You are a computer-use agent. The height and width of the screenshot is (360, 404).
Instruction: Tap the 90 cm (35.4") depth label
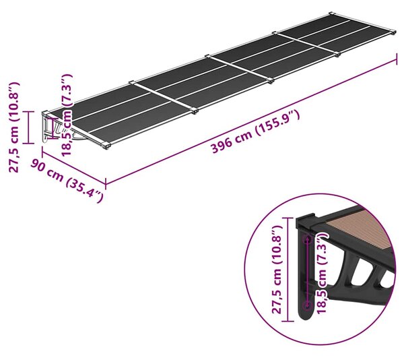[67, 181]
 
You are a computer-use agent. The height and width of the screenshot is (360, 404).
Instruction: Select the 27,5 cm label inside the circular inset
[277, 269]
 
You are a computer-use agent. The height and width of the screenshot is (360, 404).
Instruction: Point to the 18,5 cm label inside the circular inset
[322, 272]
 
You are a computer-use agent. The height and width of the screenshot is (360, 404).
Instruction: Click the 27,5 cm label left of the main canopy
[14, 127]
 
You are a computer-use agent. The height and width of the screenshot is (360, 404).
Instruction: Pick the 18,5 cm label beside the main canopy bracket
[66, 115]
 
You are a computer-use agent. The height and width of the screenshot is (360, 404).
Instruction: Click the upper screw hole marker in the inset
[307, 240]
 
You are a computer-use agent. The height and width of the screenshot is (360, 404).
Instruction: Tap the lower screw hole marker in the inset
[307, 306]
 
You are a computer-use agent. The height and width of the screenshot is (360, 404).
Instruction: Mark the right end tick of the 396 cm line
[397, 59]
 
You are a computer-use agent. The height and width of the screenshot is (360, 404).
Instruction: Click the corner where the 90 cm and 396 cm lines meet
[106, 183]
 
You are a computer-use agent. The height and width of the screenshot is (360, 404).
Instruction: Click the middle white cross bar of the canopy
[239, 68]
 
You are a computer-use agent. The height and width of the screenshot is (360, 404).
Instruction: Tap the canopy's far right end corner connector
[393, 32]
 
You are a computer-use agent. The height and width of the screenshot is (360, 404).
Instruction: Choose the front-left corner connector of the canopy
[106, 146]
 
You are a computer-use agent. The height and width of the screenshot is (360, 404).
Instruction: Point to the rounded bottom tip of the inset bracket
[306, 318]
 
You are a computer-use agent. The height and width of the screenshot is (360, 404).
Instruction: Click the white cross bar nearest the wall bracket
[164, 96]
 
